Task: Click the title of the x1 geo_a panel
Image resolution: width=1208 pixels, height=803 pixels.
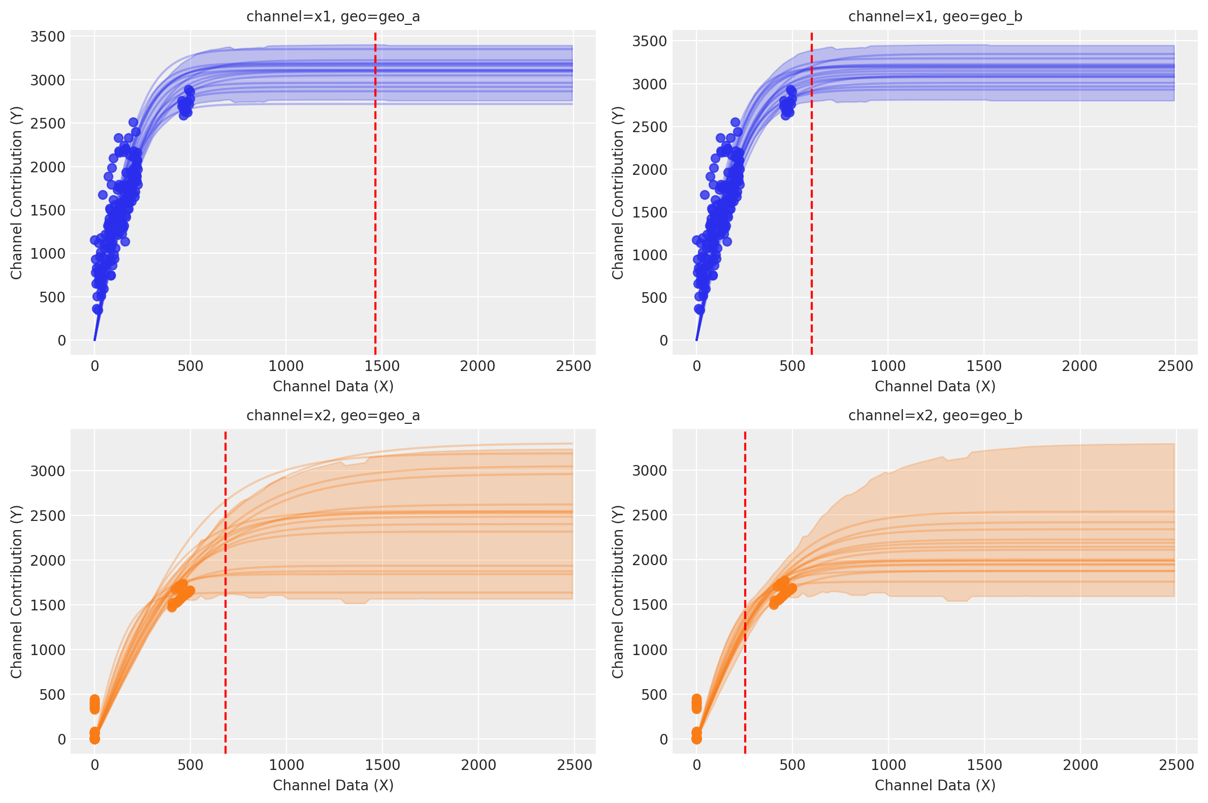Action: tap(333, 17)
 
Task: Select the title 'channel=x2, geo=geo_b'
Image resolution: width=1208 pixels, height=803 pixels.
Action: tap(935, 415)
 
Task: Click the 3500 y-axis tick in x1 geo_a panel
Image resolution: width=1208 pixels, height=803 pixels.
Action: tap(48, 37)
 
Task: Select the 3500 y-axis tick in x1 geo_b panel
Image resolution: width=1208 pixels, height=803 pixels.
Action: tap(650, 41)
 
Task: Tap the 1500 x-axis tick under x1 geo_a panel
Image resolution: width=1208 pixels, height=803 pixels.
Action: tap(382, 366)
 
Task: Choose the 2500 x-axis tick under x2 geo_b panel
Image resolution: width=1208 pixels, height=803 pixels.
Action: tap(1177, 765)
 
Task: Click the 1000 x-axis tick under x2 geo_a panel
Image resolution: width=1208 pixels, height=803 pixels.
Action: tap(286, 765)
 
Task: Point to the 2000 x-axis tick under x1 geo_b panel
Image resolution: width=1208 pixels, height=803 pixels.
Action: tap(1079, 366)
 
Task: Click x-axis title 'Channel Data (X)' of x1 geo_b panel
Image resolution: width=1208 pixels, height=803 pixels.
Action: tap(935, 386)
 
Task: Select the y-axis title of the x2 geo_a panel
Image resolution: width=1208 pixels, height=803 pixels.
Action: tap(16, 592)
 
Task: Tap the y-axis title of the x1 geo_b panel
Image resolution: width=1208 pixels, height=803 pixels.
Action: tap(618, 193)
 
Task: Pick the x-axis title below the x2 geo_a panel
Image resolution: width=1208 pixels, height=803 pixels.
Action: tap(333, 785)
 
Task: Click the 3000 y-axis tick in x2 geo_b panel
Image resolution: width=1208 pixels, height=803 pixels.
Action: tap(650, 471)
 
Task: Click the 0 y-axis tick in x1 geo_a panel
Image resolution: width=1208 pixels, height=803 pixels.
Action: tap(61, 341)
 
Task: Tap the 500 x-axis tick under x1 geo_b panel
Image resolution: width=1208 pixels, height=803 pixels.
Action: tap(792, 366)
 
